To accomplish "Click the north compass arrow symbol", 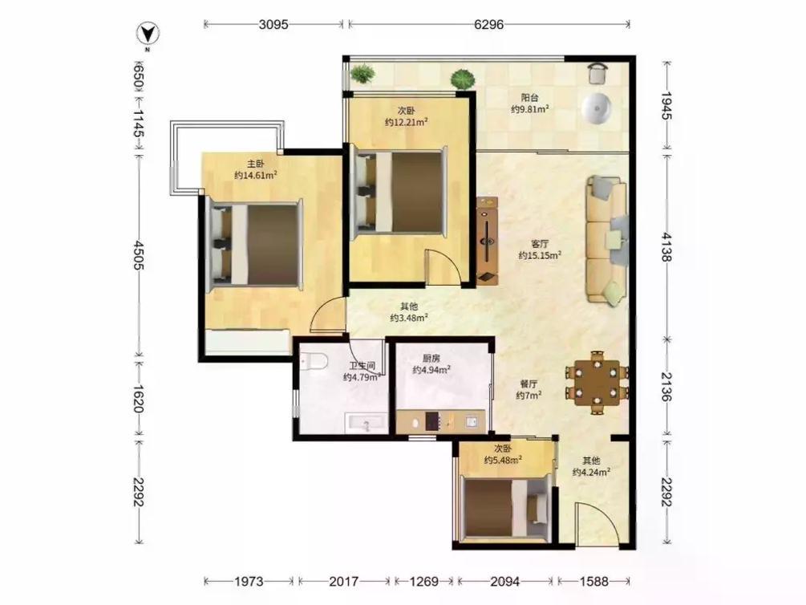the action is tap(148, 35).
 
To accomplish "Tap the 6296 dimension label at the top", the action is tap(488, 24).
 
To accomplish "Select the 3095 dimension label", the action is tap(273, 24).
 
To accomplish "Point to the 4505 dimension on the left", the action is tap(138, 254).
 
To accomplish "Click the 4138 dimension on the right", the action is tap(666, 246).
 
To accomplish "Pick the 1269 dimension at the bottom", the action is tap(424, 582).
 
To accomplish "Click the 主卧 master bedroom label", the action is tap(256, 164).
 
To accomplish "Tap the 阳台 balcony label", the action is tap(529, 97).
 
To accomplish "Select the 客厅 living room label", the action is tap(539, 243).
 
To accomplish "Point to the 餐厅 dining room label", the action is tap(529, 384).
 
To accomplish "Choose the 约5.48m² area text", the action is tap(503, 460).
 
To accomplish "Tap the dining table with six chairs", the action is tap(597, 383).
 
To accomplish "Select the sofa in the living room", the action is tap(607, 240).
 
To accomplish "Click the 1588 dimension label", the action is tap(593, 582).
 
